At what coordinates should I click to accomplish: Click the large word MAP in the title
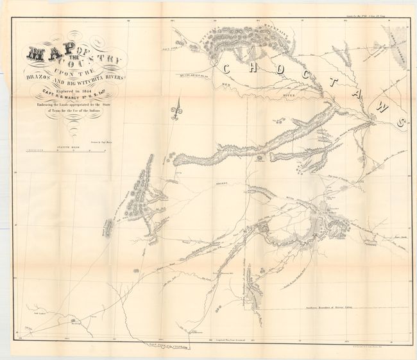[x=42, y=56]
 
